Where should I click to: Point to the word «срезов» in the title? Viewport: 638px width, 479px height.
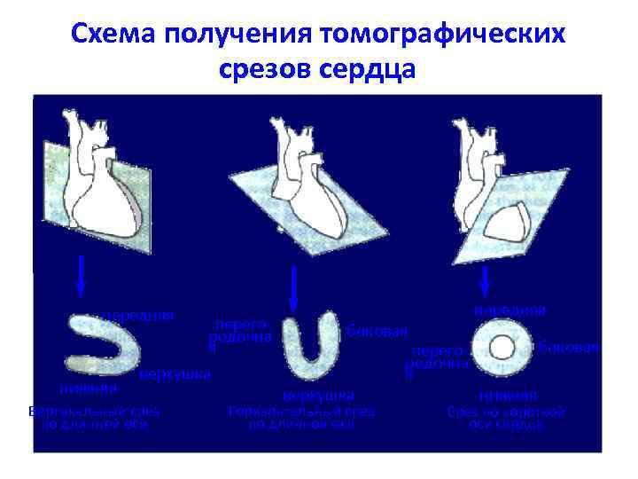(x=268, y=68)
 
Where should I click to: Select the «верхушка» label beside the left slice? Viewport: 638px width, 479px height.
(x=175, y=373)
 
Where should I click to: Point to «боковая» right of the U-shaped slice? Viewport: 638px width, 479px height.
(x=377, y=331)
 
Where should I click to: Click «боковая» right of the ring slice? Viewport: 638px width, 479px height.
(x=570, y=347)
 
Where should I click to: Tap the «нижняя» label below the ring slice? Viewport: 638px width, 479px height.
(x=508, y=395)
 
